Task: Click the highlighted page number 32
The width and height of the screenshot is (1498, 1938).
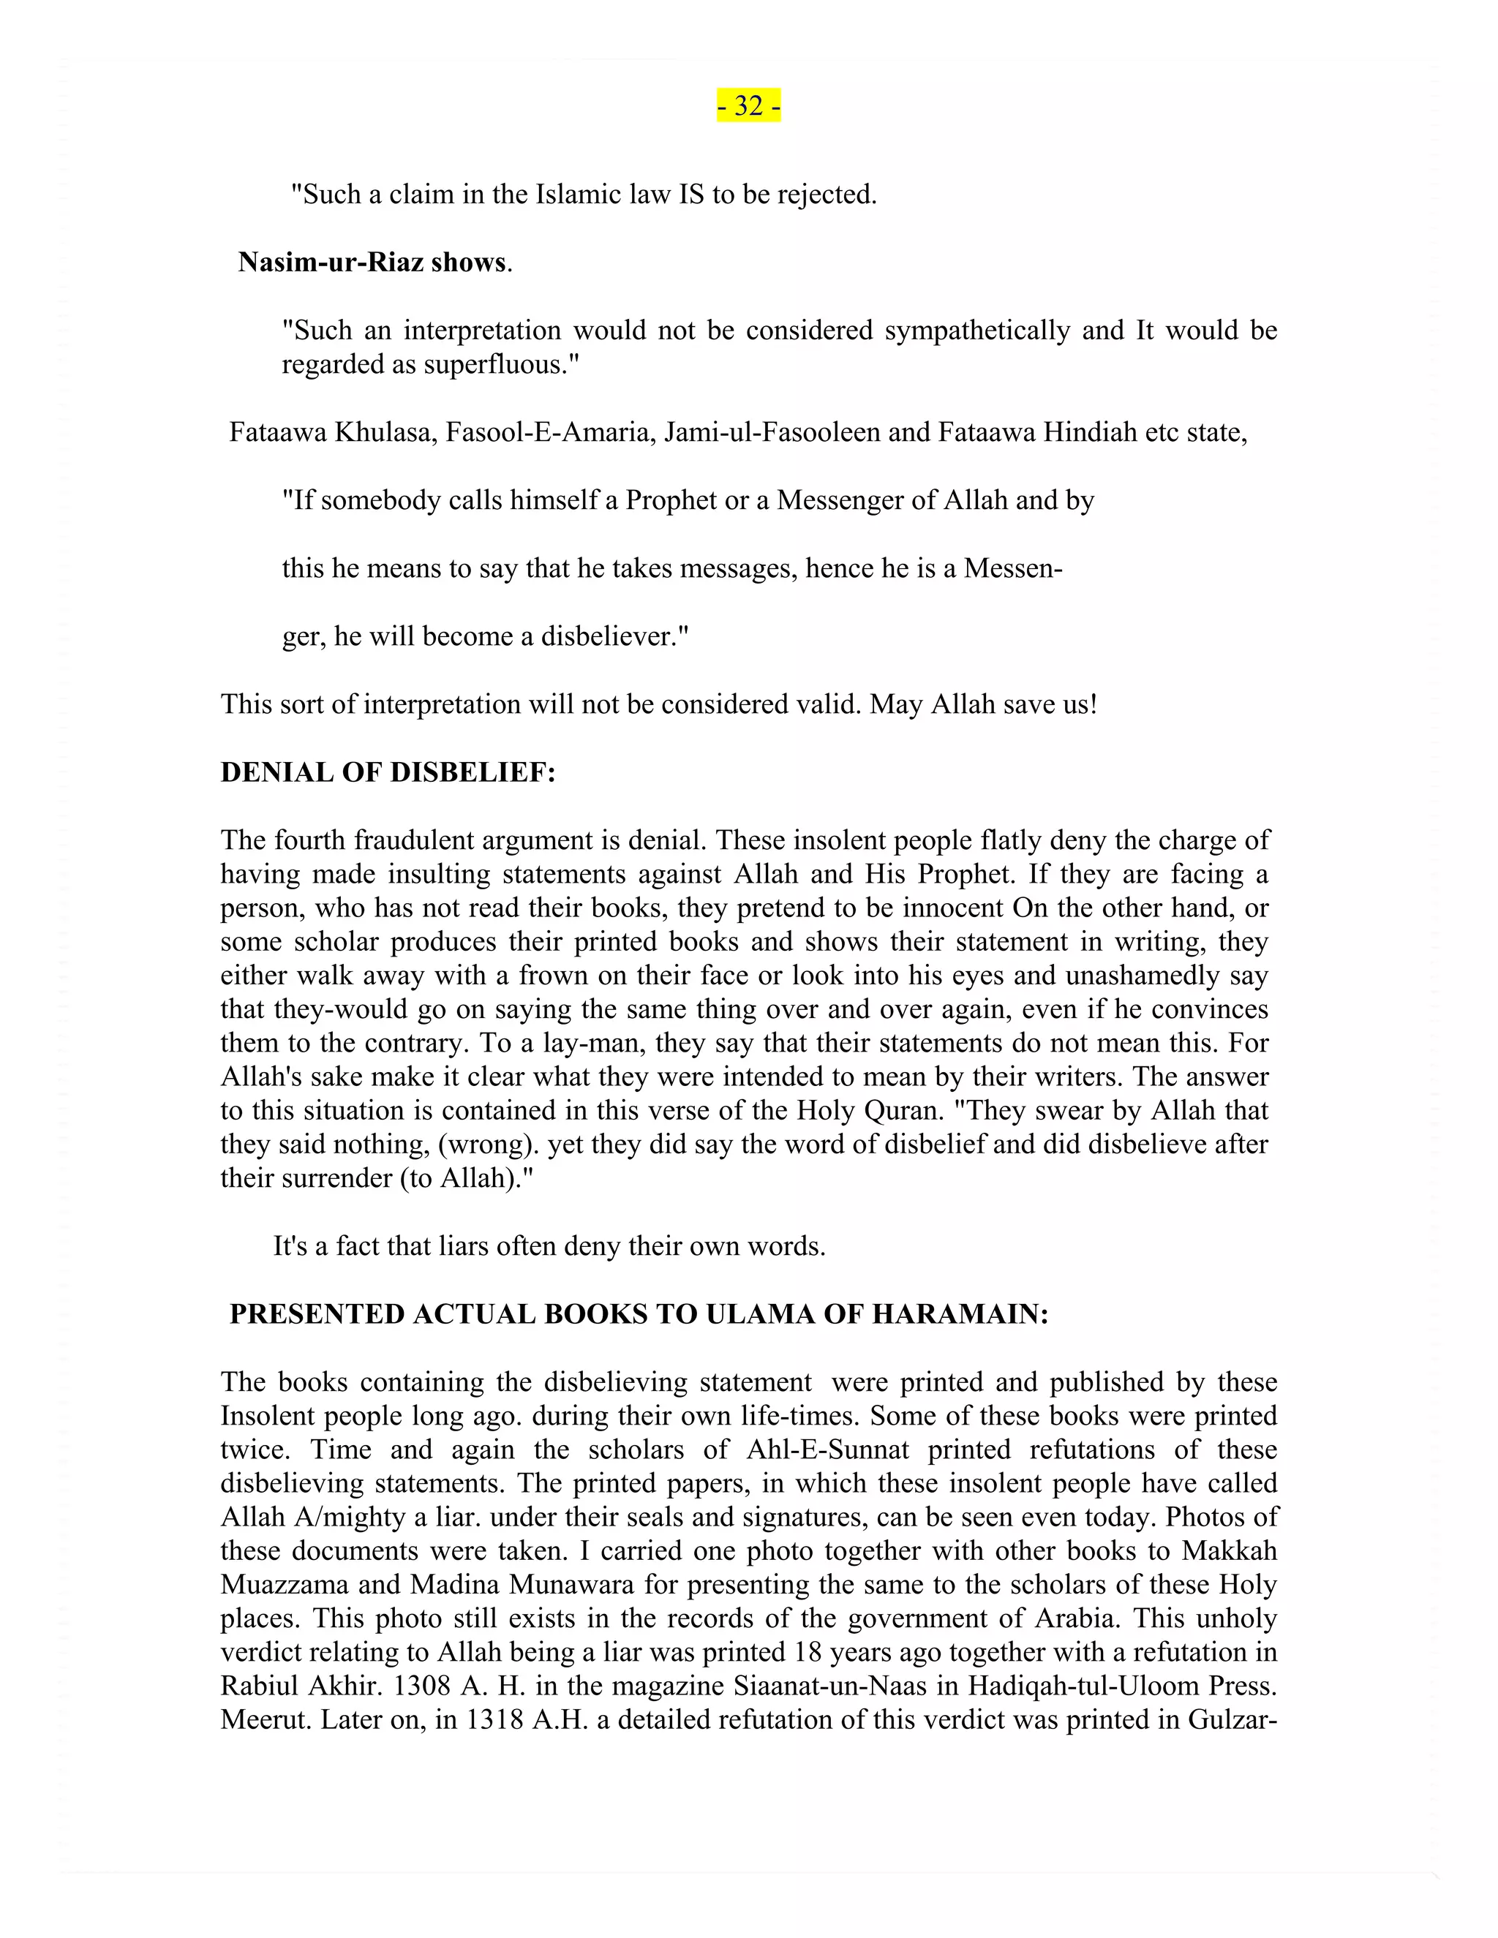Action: (749, 105)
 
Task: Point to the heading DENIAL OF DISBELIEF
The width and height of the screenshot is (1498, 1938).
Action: (388, 773)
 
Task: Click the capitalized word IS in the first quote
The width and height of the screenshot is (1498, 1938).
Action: (691, 195)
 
